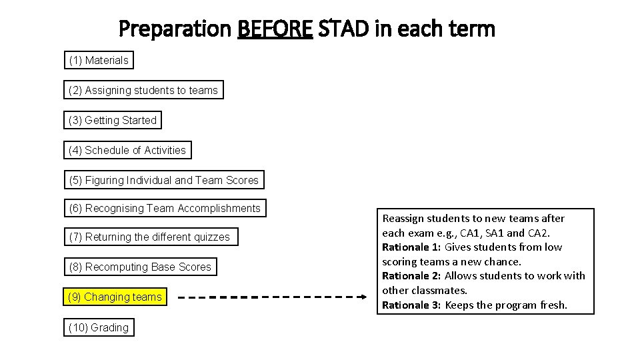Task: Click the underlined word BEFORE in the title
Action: pyautogui.click(x=275, y=29)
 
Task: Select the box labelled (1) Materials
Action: pyautogui.click(x=99, y=60)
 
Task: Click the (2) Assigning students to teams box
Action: pyautogui.click(x=143, y=90)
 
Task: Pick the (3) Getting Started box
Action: pyautogui.click(x=113, y=120)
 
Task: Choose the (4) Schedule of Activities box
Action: pyautogui.click(x=127, y=150)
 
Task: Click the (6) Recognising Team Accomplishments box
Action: pyautogui.click(x=165, y=208)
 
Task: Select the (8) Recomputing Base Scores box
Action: pyautogui.click(x=140, y=267)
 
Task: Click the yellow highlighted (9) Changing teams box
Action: pyautogui.click(x=115, y=297)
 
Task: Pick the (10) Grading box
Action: pyautogui.click(x=99, y=327)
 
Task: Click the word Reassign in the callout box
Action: pyautogui.click(x=404, y=219)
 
